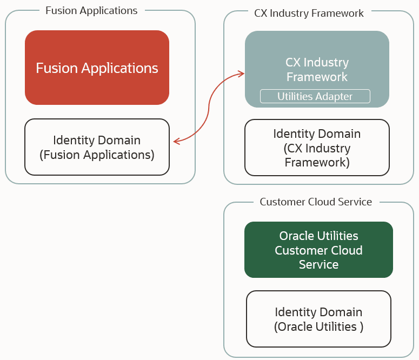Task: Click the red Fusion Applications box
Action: pos(97,68)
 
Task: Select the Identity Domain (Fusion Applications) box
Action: pos(97,147)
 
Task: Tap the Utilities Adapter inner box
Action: pos(315,96)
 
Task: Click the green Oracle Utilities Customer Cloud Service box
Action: pos(318,250)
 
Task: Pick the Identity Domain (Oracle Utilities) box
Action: pos(318,319)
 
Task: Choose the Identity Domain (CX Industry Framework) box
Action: pos(317,148)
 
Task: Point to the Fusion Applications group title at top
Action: pos(91,11)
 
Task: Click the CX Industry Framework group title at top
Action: pos(309,13)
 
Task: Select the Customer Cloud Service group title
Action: pos(316,202)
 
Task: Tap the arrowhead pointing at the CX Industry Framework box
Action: pos(241,74)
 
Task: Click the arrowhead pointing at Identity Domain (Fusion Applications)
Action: pos(176,142)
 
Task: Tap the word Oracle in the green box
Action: pos(296,236)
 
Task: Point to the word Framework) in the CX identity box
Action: pos(317,163)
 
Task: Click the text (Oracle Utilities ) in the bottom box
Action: pos(318,326)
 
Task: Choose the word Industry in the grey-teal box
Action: pos(329,63)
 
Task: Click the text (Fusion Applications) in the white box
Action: pos(97,155)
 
